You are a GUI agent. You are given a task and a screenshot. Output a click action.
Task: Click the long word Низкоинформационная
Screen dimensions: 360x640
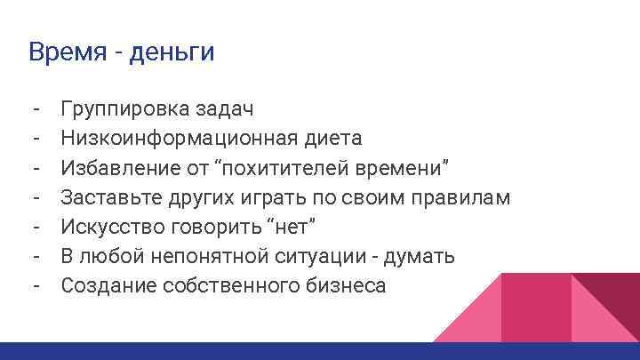(173, 138)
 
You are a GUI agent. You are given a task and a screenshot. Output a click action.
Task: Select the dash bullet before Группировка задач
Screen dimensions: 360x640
(34, 109)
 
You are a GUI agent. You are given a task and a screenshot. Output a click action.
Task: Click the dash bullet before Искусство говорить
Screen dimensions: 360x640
(34, 227)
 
